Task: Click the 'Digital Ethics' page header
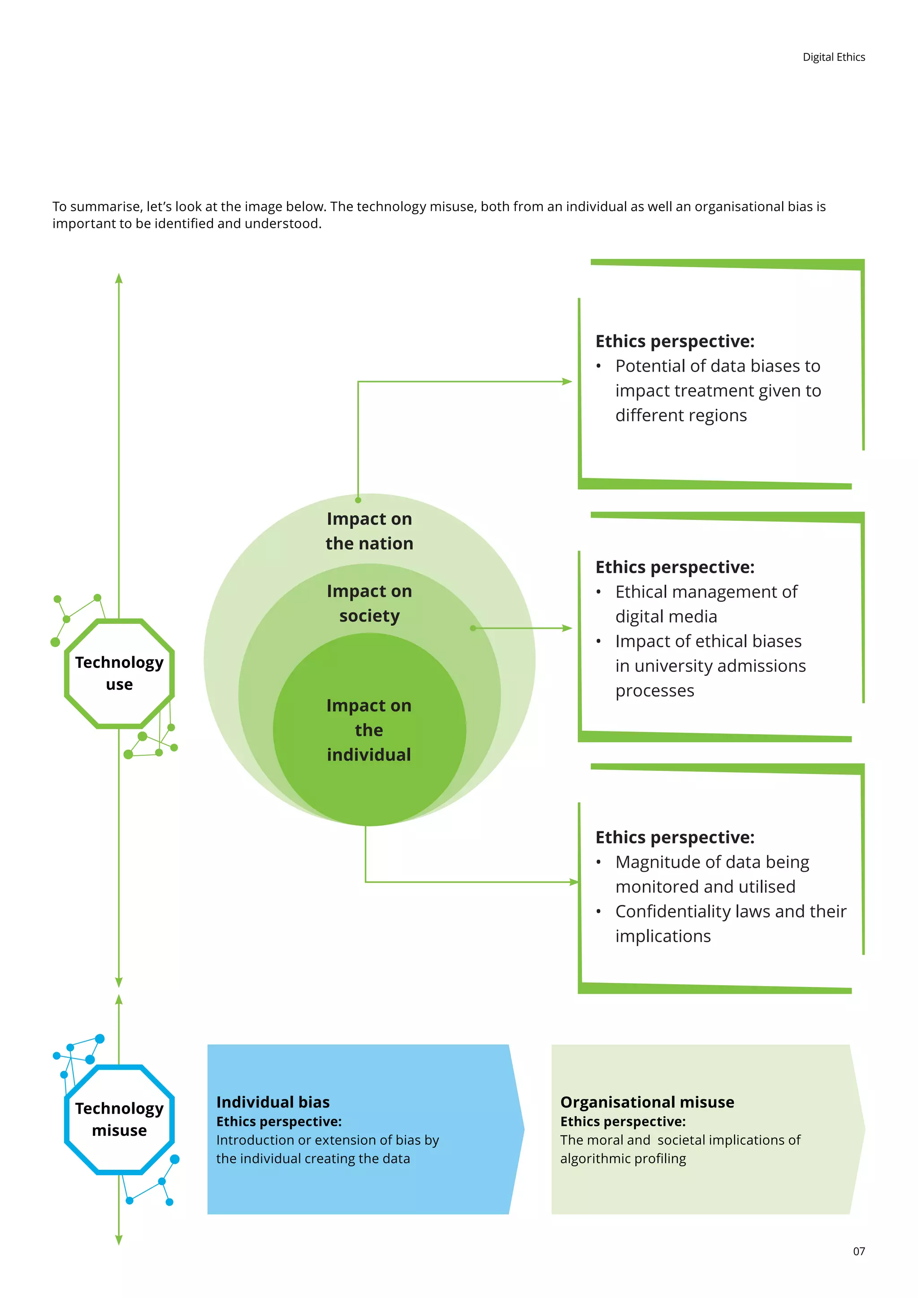click(x=833, y=57)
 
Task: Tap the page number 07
click(x=859, y=1251)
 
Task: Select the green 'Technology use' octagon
click(x=119, y=673)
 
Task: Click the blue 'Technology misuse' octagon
click(x=119, y=1119)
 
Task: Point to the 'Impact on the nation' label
click(x=369, y=531)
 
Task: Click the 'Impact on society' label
click(x=369, y=603)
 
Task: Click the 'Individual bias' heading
click(x=273, y=1102)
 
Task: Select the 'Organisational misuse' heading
click(x=647, y=1102)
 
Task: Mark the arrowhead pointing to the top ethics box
click(x=567, y=381)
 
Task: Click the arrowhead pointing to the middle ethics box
click(x=567, y=628)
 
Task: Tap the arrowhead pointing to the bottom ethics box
click(x=574, y=882)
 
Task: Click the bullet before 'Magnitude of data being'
click(x=598, y=863)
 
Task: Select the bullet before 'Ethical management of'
click(x=598, y=593)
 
